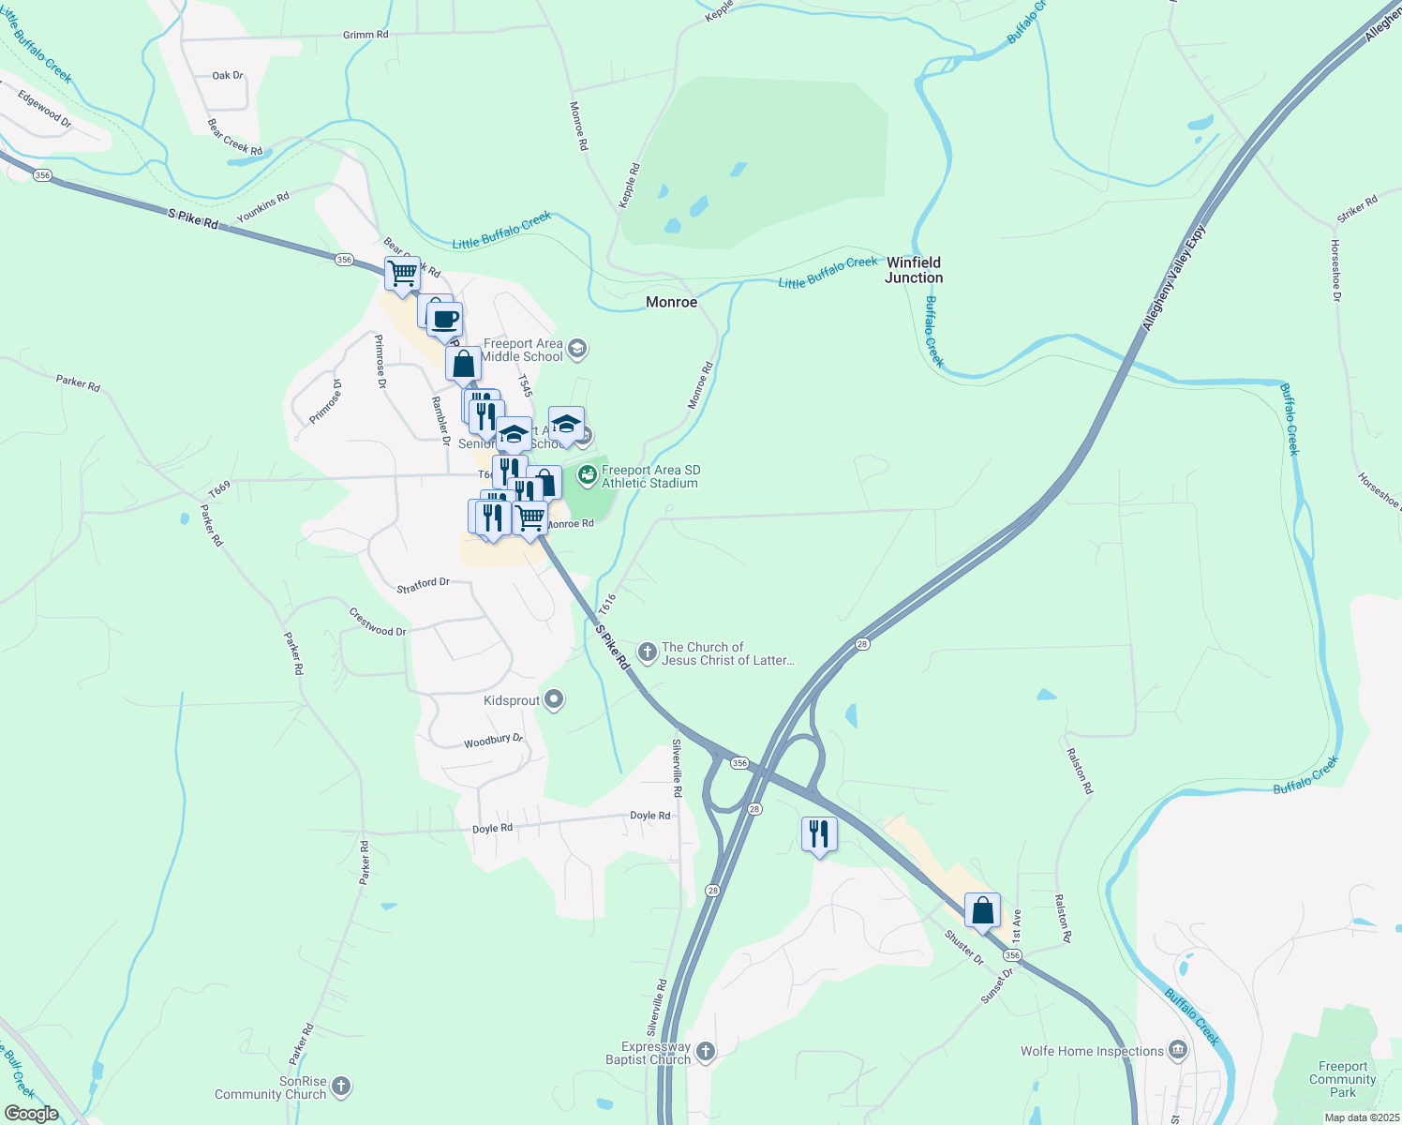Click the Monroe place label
pyautogui.click(x=671, y=302)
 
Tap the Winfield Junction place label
pyautogui.click(x=914, y=270)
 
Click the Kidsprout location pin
pyautogui.click(x=554, y=700)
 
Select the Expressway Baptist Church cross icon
pyautogui.click(x=706, y=1052)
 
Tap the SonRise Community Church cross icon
pyautogui.click(x=341, y=1087)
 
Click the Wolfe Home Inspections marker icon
pyautogui.click(x=1178, y=1050)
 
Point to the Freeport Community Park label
pyautogui.click(x=1342, y=1079)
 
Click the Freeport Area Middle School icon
pyautogui.click(x=577, y=350)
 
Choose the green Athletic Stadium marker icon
pyautogui.click(x=588, y=475)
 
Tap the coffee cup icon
pyautogui.click(x=445, y=319)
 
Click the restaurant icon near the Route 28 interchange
pyautogui.click(x=819, y=832)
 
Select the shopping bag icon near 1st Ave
pyautogui.click(x=982, y=909)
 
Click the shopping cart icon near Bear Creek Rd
pyautogui.click(x=402, y=274)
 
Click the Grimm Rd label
pyautogui.click(x=365, y=35)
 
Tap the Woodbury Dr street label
pyautogui.click(x=493, y=741)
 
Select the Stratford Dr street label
pyautogui.click(x=423, y=585)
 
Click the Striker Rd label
pyautogui.click(x=1357, y=209)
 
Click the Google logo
pyautogui.click(x=32, y=1114)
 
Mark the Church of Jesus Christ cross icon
pyautogui.click(x=647, y=652)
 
